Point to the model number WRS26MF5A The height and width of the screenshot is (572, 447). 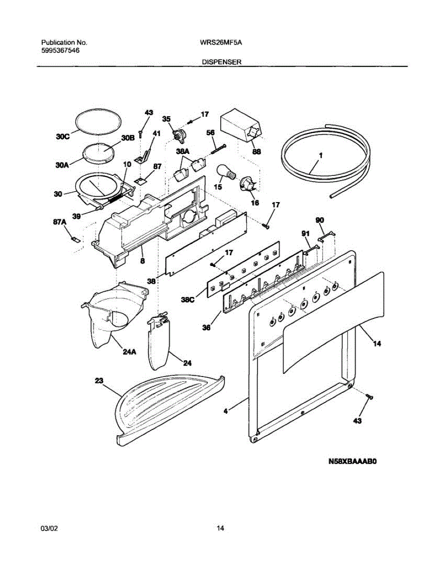pos(221,42)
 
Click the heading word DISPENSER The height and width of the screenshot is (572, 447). pos(221,62)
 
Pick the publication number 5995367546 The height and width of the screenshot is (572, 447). pos(60,50)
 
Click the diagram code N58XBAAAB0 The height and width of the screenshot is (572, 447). pos(352,461)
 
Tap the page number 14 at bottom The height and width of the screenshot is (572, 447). pos(220,528)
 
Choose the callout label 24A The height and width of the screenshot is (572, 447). pos(129,353)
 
